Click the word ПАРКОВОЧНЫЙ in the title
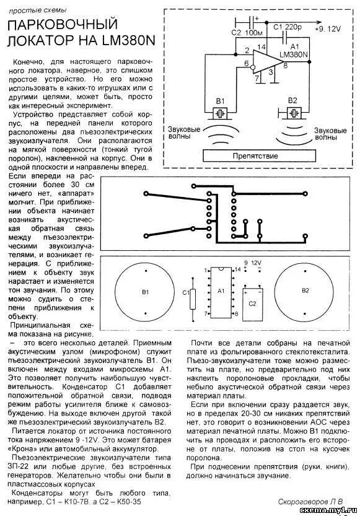tap(62, 25)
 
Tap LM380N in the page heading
tap(120, 42)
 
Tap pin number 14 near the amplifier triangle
tap(261, 47)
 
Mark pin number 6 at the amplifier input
tap(246, 64)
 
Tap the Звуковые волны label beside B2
tap(329, 134)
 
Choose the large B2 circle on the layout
tap(304, 290)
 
